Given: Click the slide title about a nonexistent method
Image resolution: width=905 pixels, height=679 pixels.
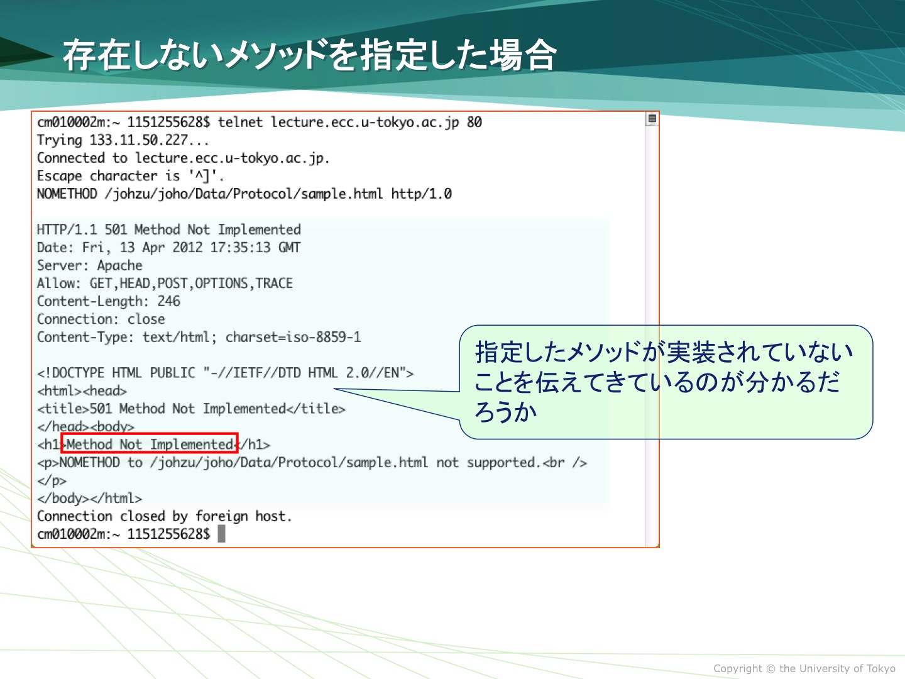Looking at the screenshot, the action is click(310, 55).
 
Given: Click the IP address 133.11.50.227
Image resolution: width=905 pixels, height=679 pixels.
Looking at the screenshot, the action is click(138, 140).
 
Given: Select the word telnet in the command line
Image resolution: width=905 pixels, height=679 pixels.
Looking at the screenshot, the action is click(240, 122).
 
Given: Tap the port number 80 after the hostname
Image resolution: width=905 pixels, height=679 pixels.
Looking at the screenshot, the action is click(474, 122).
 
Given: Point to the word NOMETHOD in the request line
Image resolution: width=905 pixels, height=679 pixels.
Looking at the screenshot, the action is click(67, 194).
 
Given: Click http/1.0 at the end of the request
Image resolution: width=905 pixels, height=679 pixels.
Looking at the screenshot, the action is click(421, 194).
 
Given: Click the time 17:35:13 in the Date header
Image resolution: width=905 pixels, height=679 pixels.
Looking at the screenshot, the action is click(240, 247).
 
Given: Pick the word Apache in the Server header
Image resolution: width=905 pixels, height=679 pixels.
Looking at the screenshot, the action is click(119, 265).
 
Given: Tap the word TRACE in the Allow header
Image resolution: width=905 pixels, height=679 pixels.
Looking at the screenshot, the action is click(274, 283).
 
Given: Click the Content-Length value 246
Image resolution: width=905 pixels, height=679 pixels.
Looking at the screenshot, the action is click(168, 301).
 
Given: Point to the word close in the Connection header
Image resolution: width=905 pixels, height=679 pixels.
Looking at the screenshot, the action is click(146, 319).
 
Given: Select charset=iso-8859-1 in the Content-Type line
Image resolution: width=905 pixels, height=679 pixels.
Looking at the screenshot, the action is click(293, 337).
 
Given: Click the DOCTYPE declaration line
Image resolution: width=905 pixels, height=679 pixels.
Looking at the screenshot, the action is click(225, 373).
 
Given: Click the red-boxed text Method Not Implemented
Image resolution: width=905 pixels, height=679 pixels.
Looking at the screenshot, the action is click(150, 444).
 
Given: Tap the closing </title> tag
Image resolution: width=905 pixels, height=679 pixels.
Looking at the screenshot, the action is click(316, 409).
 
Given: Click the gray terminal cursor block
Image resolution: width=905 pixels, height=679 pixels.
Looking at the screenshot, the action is click(221, 534).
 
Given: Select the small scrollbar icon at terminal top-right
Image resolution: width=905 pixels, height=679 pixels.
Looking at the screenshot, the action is click(652, 119).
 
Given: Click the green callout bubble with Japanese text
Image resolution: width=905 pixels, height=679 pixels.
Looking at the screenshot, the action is click(666, 382).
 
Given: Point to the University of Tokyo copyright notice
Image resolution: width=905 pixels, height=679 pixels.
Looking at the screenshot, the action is click(804, 668).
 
